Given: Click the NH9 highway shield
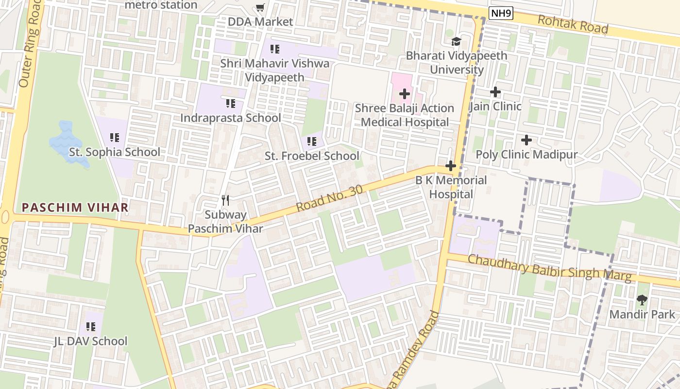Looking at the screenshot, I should coord(501,13).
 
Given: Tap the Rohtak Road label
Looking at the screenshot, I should coord(573,24).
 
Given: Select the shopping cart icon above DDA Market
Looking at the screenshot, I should coord(260,7).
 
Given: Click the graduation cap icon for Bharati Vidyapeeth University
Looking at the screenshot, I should coord(456,41).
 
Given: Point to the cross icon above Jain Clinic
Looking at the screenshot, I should coord(495,91).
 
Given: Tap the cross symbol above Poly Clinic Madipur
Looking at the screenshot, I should coord(526,140).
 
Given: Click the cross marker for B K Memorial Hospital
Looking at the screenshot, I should coord(451,166).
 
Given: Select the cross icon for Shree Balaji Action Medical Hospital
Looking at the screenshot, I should coord(404,93).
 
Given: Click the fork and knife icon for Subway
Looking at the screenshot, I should coord(225,200).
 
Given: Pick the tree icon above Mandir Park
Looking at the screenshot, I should coord(642,300).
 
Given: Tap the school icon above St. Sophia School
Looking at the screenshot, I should coord(115,138).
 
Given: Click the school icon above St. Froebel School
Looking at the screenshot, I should coord(312,141).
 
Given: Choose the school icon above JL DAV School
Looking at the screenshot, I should coord(91,326).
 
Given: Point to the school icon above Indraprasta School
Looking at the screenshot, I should coord(231,104).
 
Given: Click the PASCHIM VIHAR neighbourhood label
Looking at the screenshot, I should coord(75,208).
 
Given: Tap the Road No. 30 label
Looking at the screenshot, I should coord(329,198).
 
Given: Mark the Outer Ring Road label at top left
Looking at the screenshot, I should coord(30,44).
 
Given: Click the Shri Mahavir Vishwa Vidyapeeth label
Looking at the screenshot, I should coord(274,70).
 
